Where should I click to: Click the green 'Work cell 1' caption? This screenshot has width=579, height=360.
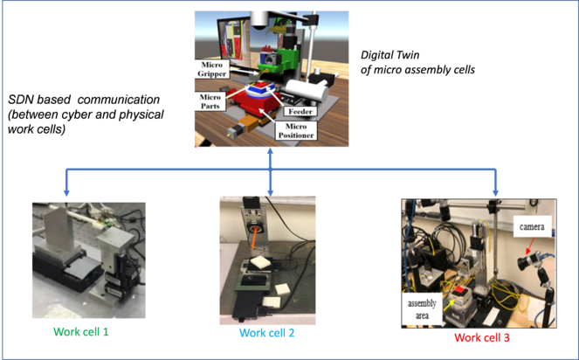coord(82,332)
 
